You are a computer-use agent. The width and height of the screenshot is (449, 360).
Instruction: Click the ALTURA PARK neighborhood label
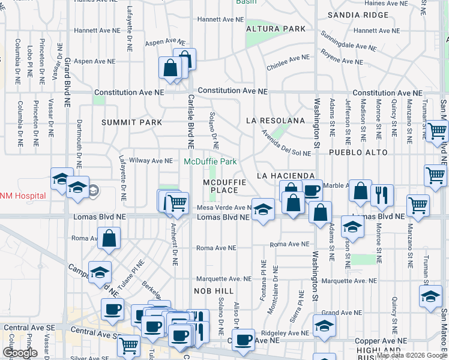[276, 29]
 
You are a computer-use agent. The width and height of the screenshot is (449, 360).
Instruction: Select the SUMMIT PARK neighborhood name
[131, 122]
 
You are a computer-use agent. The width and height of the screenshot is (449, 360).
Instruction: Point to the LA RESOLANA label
[276, 121]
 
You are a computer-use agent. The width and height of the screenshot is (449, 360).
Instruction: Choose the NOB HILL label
[209, 290]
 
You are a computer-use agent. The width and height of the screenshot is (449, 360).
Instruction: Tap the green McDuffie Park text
[210, 161]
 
